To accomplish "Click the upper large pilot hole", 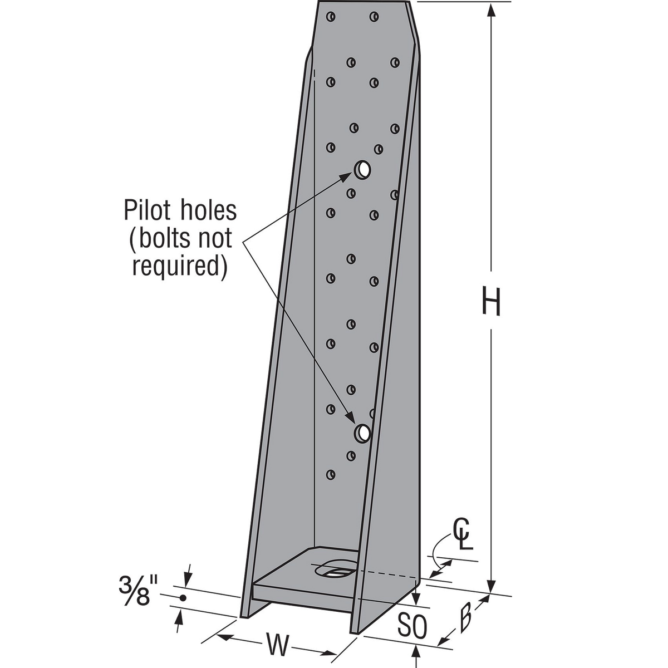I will click(362, 168).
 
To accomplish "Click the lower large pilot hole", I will click(363, 432).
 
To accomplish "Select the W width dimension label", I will click(277, 645).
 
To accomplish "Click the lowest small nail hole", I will click(331, 475).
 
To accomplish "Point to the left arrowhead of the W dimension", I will click(223, 634).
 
